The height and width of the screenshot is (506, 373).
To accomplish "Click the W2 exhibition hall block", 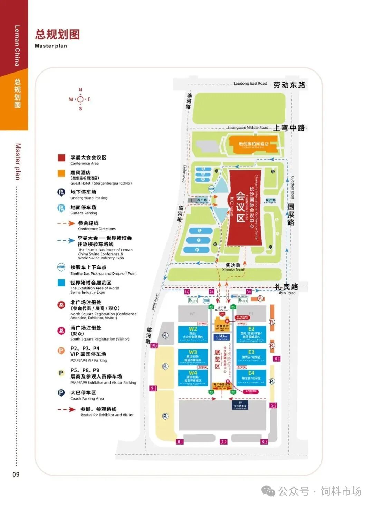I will coord(193,334).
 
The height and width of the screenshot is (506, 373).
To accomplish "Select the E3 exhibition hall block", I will coord(251,357).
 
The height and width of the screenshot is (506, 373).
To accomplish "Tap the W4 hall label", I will coord(193,373).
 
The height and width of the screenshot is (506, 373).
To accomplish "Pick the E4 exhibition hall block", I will coord(251,378).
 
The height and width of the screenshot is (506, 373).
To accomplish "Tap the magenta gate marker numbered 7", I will coord(223,441).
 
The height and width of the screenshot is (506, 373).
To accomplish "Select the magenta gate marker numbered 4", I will coord(276,359).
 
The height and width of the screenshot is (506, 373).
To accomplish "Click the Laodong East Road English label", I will coord(250,83).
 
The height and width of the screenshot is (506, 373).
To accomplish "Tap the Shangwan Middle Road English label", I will coord(248,127).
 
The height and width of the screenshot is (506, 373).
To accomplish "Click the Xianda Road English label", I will coord(233,270).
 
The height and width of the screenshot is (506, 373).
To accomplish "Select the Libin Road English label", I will coord(286,293).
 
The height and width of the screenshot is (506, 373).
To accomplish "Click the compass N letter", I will coord(80,90).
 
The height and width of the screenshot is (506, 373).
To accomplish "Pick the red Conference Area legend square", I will coord(61,158).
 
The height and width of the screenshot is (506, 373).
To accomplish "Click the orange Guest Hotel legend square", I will coord(61,173).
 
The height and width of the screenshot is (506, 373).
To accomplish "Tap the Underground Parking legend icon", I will coord(61,192).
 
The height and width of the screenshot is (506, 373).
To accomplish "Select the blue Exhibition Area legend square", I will coord(61,283).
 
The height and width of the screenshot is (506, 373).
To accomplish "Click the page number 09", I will coord(16,474).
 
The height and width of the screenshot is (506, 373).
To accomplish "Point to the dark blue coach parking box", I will coord(240,405).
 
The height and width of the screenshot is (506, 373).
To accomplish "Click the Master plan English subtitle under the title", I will coord(51,46).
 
